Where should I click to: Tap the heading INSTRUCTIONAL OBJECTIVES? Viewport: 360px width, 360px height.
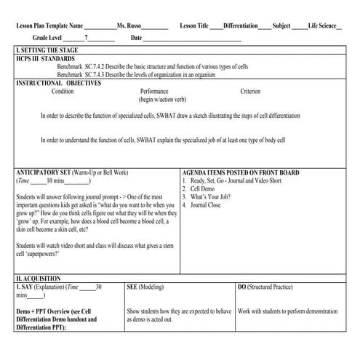(58, 83)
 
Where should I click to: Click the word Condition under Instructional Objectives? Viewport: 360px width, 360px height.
(63, 92)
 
